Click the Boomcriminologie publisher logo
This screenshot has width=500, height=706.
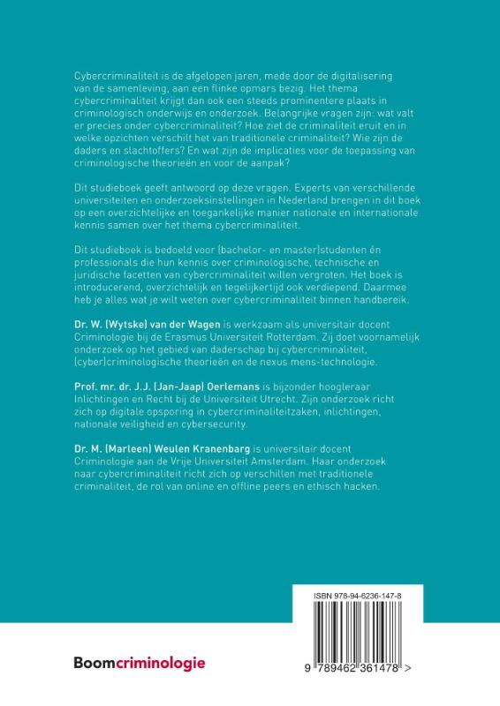(x=140, y=661)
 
